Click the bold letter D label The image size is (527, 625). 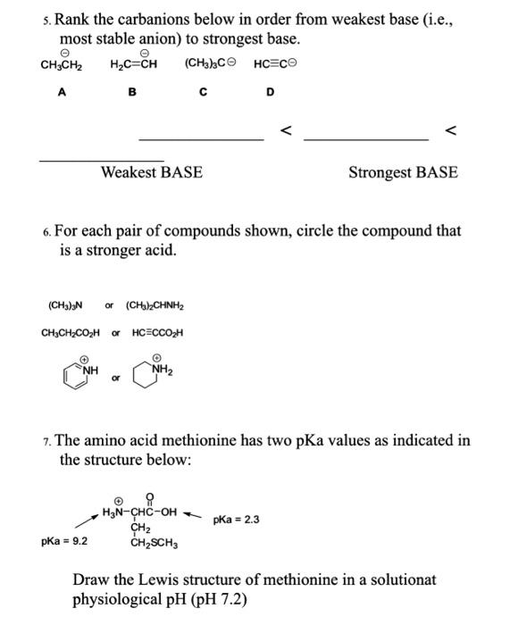coord(271,92)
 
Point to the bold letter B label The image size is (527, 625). coord(132,92)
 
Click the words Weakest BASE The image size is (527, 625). coord(151,172)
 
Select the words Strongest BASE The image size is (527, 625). coord(403,172)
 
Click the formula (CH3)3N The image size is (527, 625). coord(64,306)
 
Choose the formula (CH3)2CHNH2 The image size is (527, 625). coord(155,306)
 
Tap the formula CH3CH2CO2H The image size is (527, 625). coord(72,333)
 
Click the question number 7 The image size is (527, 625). coord(46,441)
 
